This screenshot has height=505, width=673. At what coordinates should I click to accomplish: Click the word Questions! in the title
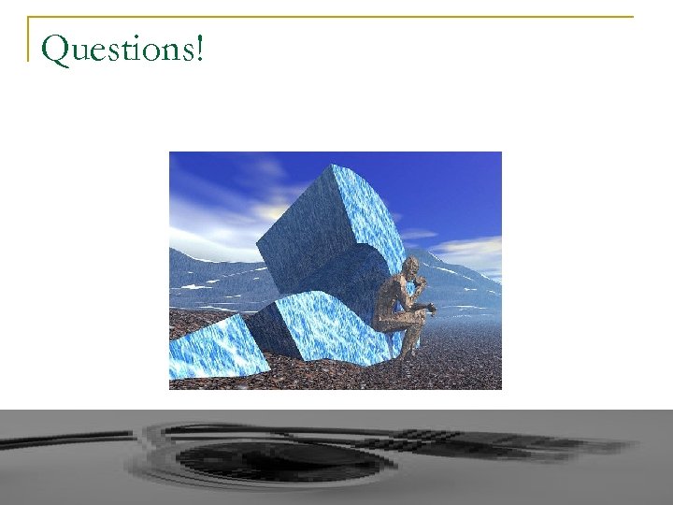coord(122,48)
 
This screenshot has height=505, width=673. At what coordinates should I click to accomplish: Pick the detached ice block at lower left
coord(209,347)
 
